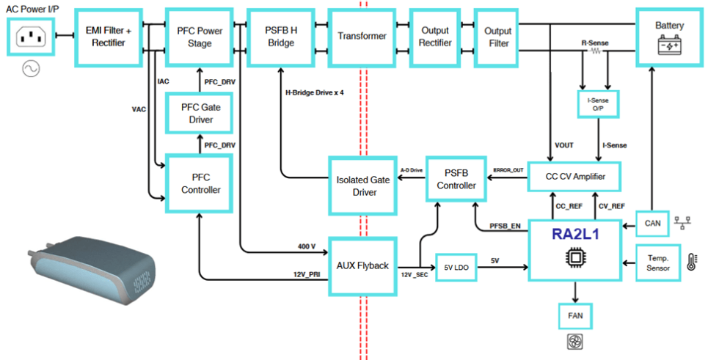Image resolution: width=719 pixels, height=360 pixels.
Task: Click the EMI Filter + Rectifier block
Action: [x=108, y=37]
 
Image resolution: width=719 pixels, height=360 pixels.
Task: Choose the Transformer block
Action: [x=361, y=37]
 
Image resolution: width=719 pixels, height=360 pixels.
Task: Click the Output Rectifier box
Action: [x=435, y=37]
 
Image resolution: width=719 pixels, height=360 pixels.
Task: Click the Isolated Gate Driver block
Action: [x=356, y=186]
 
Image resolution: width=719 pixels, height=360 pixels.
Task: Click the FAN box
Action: [x=574, y=317]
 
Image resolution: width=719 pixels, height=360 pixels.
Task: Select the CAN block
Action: [x=652, y=221]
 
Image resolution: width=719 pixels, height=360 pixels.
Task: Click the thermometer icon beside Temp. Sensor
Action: [x=691, y=262]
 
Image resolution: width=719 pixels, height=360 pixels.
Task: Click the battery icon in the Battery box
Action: [x=670, y=48]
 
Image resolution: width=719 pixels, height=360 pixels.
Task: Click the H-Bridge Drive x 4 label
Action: [x=315, y=93]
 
